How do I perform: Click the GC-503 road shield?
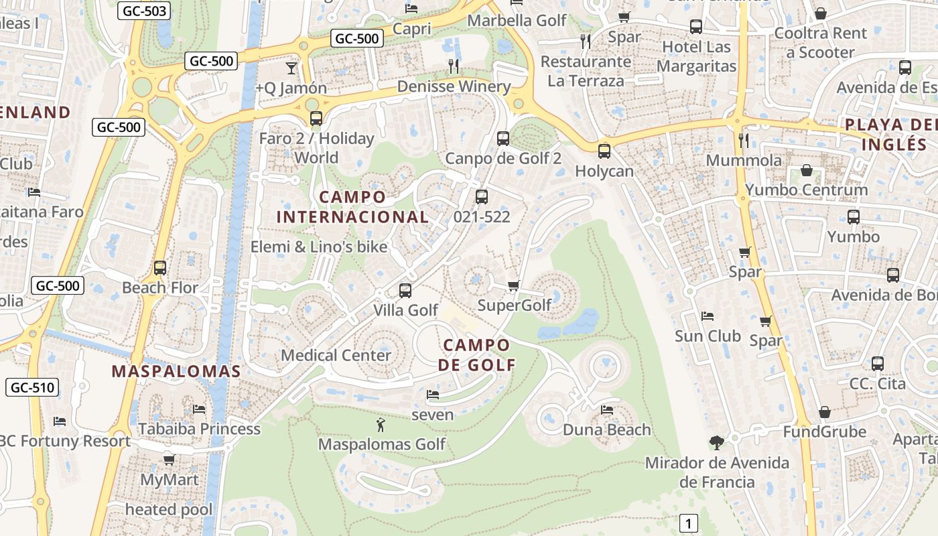145,11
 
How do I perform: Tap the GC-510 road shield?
32,387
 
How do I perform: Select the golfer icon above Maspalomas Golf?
381,424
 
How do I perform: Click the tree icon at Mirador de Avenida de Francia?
717,442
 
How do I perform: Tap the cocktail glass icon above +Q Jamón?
291,67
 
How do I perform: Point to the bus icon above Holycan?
604,151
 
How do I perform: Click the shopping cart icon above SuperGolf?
514,286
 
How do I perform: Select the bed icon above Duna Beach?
607,409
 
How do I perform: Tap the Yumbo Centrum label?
806,190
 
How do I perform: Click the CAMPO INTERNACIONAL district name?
352,207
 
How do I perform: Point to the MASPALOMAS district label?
176,371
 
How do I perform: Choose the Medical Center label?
336,355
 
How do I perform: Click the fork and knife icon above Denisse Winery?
454,66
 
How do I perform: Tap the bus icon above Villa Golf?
405,291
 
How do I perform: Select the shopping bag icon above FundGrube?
825,411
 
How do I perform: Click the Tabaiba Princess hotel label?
199,429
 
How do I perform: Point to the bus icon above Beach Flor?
160,268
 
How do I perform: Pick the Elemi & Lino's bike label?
319,247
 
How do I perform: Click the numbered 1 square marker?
688,523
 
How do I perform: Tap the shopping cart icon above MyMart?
170,460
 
